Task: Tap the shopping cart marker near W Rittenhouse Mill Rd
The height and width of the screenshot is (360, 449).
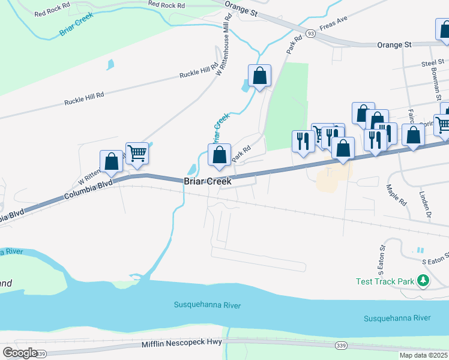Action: [x=137, y=153]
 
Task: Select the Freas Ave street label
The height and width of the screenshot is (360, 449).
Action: [x=334, y=28]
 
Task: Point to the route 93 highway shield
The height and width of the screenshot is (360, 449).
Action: [x=310, y=33]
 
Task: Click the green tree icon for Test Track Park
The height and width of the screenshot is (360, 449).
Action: [x=423, y=280]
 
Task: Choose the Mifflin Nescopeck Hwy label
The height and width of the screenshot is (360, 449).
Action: [x=182, y=343]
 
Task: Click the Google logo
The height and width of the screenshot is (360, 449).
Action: [x=20, y=353]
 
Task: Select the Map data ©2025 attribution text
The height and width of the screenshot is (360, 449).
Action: [x=423, y=355]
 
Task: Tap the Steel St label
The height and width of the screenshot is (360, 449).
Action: [x=432, y=62]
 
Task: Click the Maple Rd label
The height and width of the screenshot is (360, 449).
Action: [x=397, y=196]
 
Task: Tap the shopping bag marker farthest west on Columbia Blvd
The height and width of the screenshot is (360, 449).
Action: [x=111, y=161]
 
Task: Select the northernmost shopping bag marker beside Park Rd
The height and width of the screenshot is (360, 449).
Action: [x=259, y=76]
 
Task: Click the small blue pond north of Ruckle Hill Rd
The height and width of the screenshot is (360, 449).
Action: [x=109, y=64]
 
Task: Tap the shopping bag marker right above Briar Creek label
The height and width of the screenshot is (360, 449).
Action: [x=220, y=155]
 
